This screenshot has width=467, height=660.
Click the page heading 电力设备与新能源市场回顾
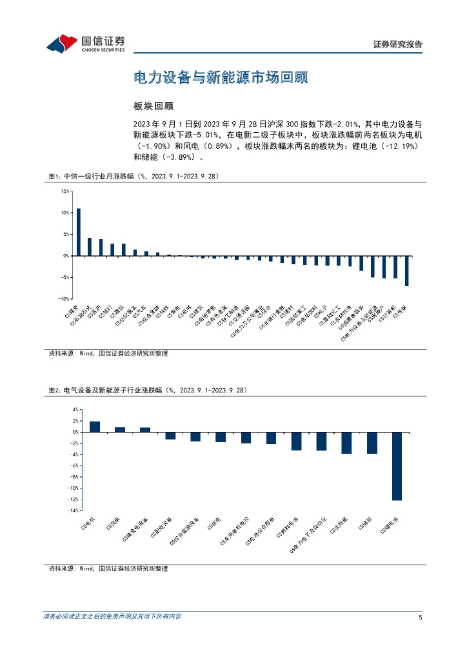pos(220,78)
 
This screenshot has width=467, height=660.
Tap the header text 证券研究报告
pos(398,44)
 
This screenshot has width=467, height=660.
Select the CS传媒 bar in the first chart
pos(406,271)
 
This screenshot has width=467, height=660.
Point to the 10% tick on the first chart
pos(65,213)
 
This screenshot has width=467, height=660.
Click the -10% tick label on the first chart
pos(63,299)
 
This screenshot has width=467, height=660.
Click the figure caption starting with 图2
pos(147,390)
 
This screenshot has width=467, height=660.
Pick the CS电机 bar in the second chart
pos(95,427)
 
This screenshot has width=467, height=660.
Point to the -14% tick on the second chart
pos(74,510)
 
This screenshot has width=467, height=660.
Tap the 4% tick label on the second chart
pos(75,410)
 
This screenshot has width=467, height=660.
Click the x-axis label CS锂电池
pos(391,525)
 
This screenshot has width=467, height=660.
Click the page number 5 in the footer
pos(420,617)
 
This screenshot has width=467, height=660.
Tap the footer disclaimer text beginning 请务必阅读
pos(112,617)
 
